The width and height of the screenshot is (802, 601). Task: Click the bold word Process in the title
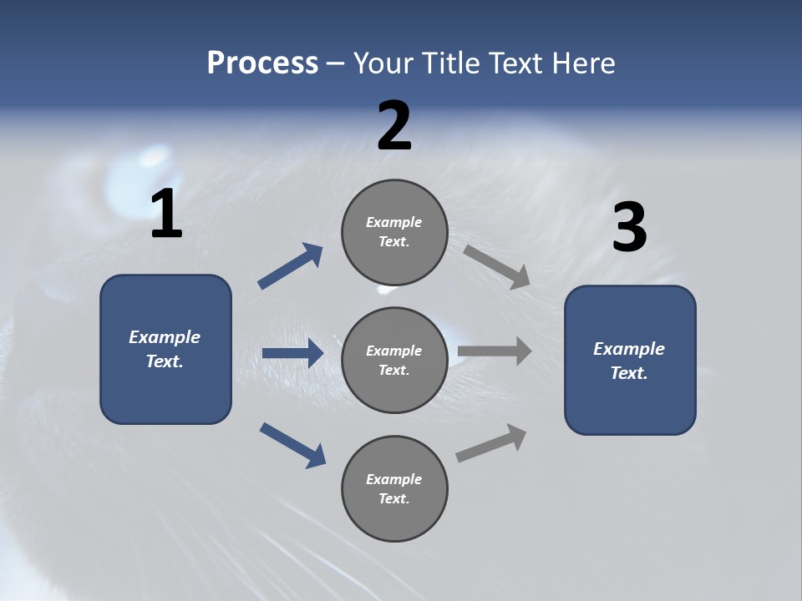click(262, 63)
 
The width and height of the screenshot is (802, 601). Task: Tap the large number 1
click(166, 215)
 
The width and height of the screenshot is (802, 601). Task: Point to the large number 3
click(629, 229)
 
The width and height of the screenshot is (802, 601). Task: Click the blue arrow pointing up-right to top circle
click(291, 265)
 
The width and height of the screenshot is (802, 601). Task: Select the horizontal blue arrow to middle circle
click(292, 353)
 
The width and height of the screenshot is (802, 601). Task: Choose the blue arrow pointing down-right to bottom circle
click(292, 445)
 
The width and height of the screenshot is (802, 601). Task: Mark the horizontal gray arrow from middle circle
click(495, 351)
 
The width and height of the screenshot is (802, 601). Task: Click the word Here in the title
click(585, 63)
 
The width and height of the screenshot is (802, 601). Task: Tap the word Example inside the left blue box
click(165, 337)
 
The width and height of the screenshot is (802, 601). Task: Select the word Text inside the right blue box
click(627, 373)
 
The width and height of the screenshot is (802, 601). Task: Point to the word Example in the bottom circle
click(393, 479)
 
